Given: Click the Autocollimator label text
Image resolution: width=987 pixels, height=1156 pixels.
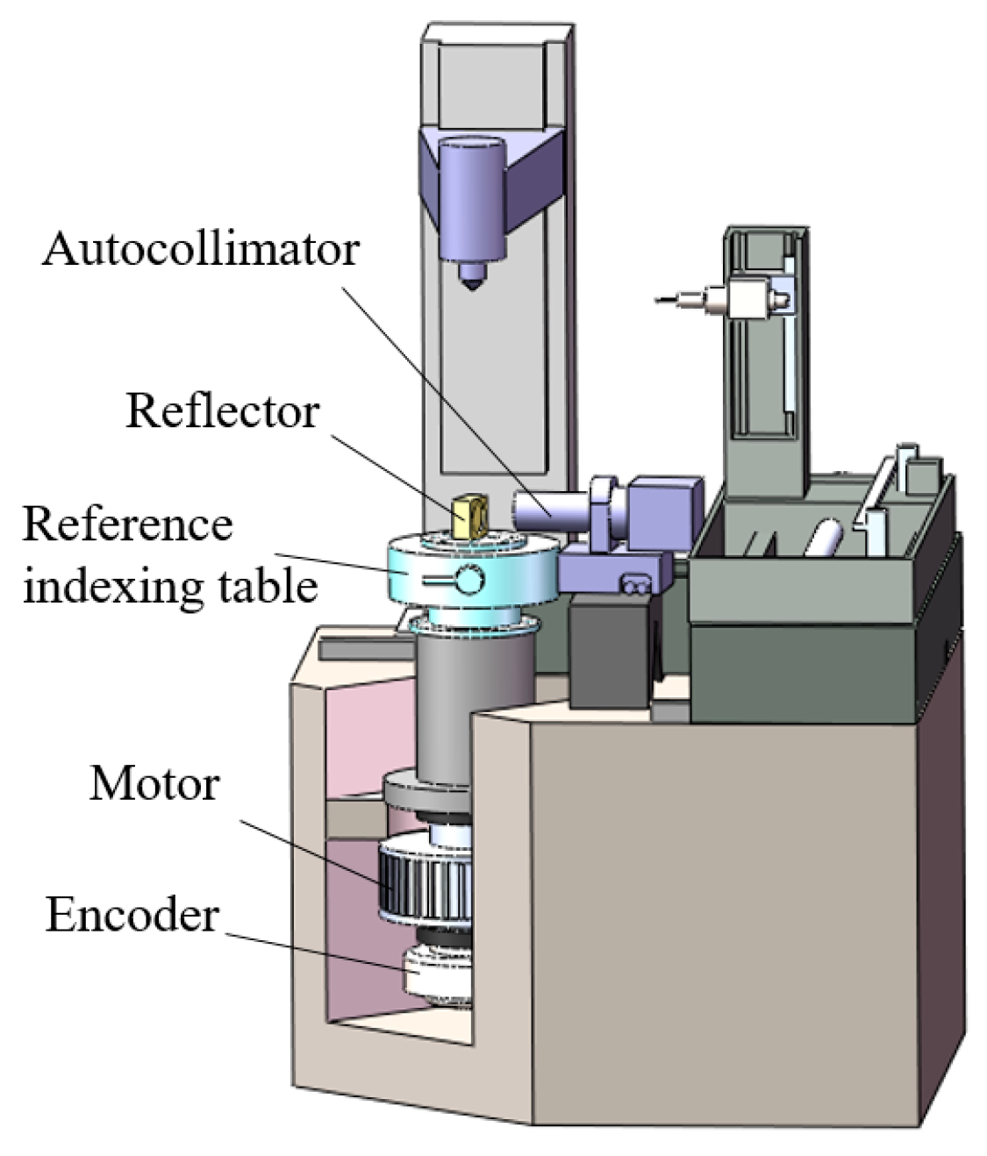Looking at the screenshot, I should pos(201,249).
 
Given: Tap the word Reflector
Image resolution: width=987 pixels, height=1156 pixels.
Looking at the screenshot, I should pos(222,410).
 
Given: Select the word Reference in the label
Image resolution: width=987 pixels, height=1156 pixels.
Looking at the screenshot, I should pos(127,524).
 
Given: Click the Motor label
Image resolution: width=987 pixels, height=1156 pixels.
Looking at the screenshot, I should pos(154,782).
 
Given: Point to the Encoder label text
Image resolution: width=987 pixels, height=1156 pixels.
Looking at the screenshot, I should pos(132,915).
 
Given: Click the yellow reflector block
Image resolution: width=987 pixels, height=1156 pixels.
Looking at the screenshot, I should pos(469,516).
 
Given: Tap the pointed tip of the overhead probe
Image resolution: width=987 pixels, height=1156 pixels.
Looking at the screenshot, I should pos(472,282).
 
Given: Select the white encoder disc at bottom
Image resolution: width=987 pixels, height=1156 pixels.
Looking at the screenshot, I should pos(437,975).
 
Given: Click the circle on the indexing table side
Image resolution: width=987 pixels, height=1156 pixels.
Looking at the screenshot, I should pos(468,580).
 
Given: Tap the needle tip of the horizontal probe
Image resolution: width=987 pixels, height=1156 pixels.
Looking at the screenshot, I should pos(659,301).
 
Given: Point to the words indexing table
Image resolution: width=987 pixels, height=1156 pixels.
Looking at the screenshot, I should pos(169,585).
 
